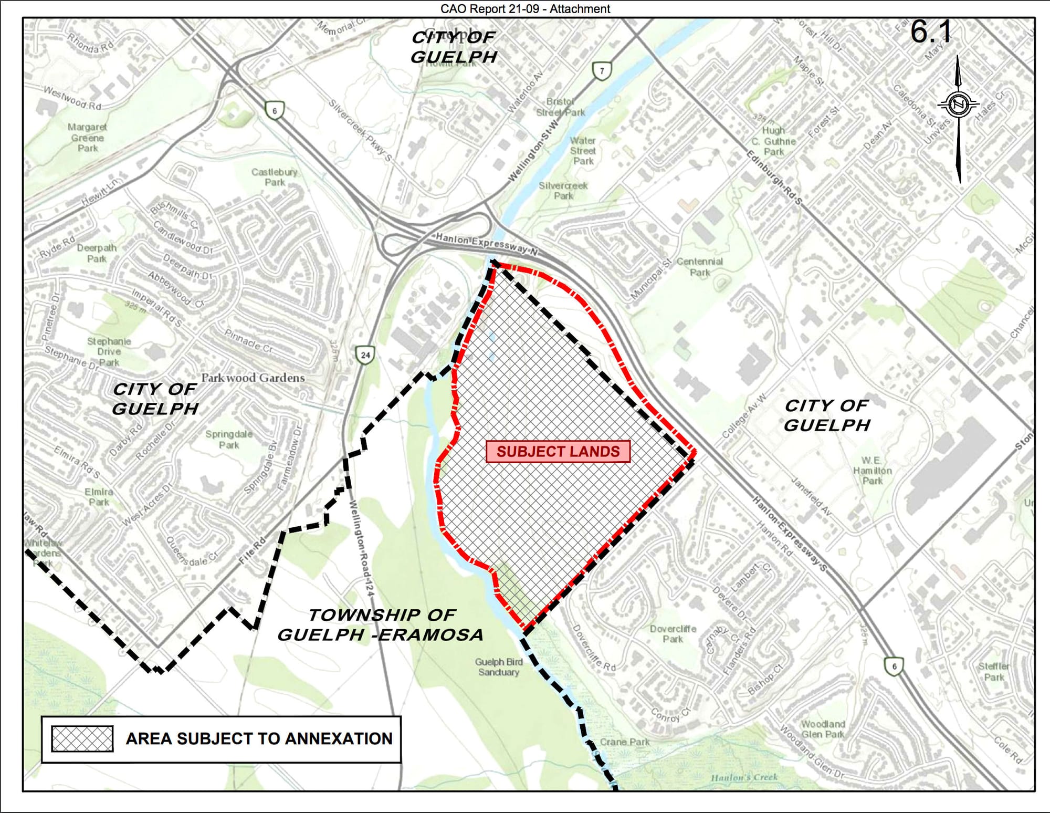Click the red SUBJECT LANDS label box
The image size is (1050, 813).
pyautogui.click(x=558, y=452)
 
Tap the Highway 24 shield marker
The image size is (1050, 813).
pyautogui.click(x=365, y=355)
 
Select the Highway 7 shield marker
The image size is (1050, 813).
pyautogui.click(x=602, y=71)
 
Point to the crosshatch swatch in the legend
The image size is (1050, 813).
pyautogui.click(x=82, y=738)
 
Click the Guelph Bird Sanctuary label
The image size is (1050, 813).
pyautogui.click(x=498, y=667)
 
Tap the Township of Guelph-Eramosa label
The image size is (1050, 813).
pyautogui.click(x=381, y=625)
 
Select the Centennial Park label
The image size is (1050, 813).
pyautogui.click(x=699, y=267)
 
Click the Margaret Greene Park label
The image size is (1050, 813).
pyautogui.click(x=87, y=138)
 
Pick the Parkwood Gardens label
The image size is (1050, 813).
pyautogui.click(x=253, y=378)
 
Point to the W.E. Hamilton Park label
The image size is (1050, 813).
pyautogui.click(x=872, y=470)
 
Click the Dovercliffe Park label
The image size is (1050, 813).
pyautogui.click(x=673, y=634)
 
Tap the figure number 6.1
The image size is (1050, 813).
pyautogui.click(x=930, y=33)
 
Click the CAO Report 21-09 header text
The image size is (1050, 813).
pyautogui.click(x=525, y=9)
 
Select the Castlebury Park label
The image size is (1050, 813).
pyautogui.click(x=274, y=177)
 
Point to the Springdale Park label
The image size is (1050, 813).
pyautogui.click(x=229, y=440)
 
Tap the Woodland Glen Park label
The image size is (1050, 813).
pyautogui.click(x=823, y=729)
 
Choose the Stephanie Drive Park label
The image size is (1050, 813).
pyautogui.click(x=109, y=352)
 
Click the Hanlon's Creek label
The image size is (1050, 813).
pyautogui.click(x=744, y=777)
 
